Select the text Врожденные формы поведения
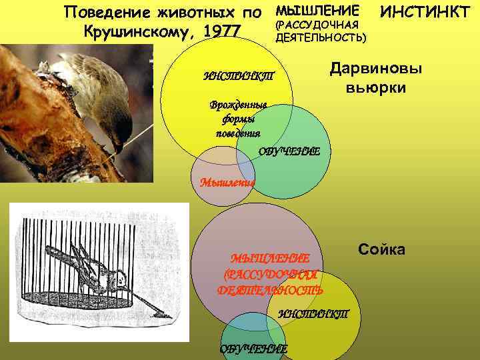238,118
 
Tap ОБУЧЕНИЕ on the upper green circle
289,151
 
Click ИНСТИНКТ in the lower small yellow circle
313,313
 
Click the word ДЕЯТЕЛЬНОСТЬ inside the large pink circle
271,289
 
